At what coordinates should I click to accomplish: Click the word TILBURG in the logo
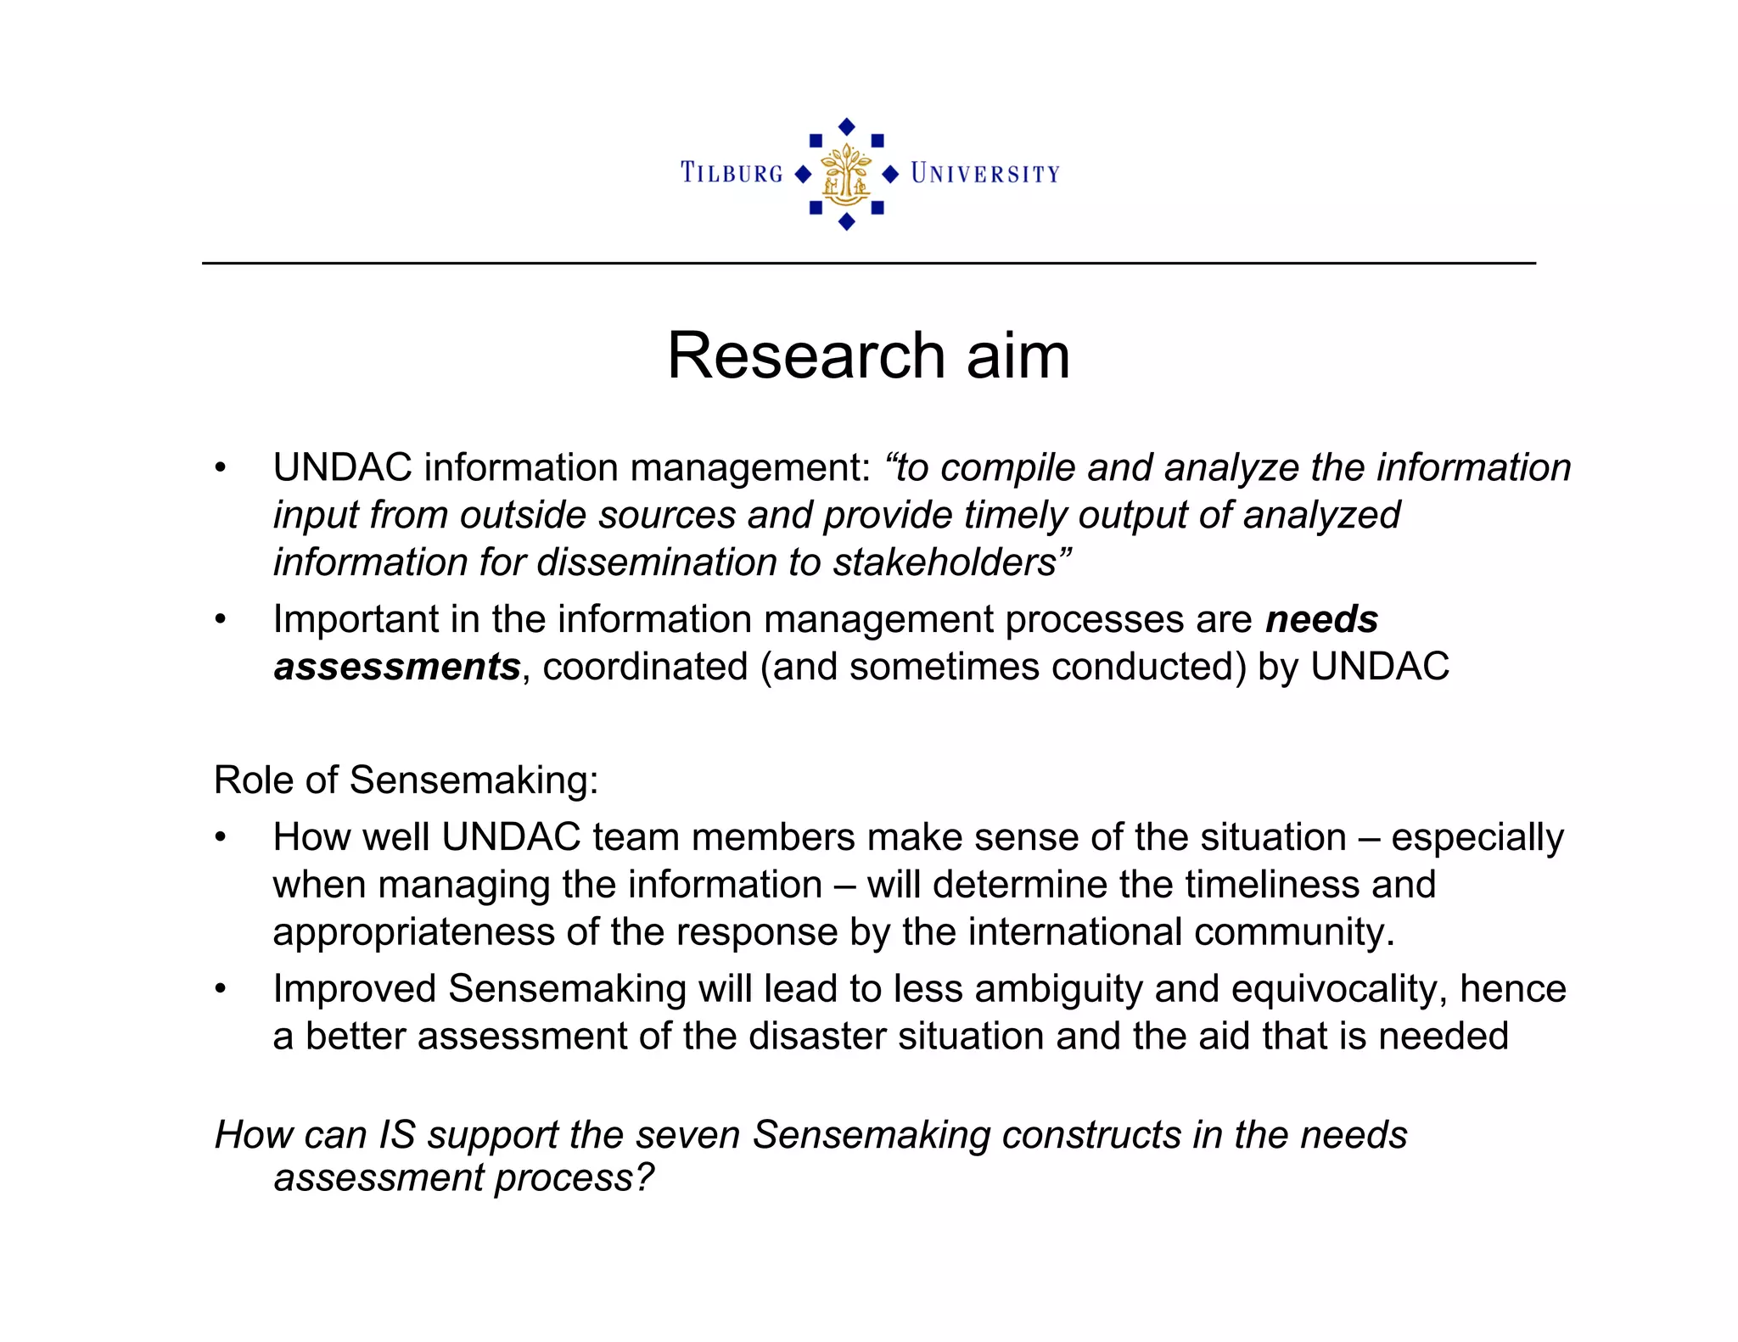pos(732,173)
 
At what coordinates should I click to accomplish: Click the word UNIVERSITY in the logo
pos(985,174)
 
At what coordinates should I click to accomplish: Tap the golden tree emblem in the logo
pos(846,175)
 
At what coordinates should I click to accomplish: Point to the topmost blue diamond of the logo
pos(846,126)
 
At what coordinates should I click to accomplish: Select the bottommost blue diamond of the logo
pos(846,222)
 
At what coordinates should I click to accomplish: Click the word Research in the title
pos(805,355)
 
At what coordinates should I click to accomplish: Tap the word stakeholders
pos(945,563)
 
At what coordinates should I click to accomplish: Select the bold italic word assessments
pos(396,668)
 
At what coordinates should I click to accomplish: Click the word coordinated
pos(645,668)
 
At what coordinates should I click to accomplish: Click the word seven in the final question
pos(688,1135)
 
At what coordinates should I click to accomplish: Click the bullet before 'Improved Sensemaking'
pos(221,989)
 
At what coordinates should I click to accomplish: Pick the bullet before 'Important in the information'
pos(221,620)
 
